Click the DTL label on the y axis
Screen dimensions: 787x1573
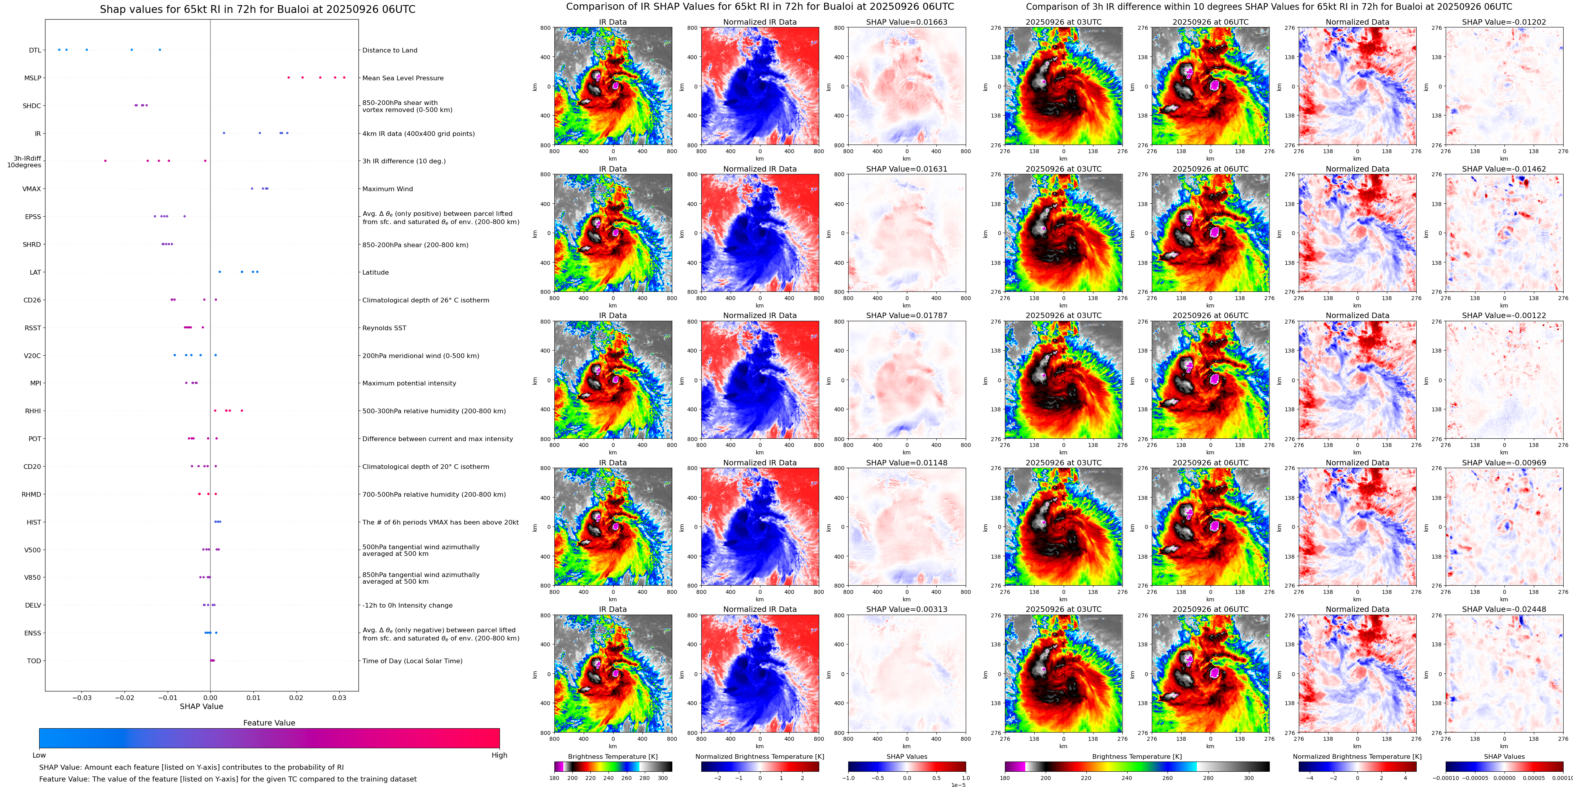click(x=35, y=50)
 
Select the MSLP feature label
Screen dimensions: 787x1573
click(x=33, y=78)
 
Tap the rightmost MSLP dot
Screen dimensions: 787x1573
click(x=344, y=78)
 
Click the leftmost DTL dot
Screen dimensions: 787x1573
click(x=59, y=49)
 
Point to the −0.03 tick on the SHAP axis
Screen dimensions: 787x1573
click(x=82, y=697)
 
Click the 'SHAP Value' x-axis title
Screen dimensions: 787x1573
click(x=201, y=706)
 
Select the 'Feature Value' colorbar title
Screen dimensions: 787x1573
click(x=269, y=723)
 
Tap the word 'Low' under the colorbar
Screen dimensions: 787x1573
click(x=39, y=755)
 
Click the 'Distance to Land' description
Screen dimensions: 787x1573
click(x=389, y=50)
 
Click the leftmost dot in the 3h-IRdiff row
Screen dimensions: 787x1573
click(x=105, y=161)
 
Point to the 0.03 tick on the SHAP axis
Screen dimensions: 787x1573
click(x=339, y=697)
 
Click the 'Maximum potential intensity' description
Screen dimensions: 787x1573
click(x=409, y=384)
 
